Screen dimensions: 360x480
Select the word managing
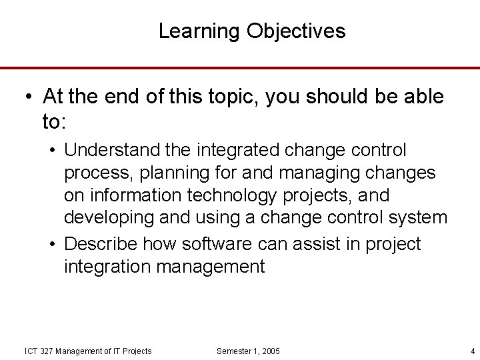pos(317,173)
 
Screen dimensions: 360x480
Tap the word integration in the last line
pos(107,267)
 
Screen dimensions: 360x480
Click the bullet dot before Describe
pos(53,245)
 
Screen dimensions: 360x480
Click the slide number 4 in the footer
pos(472,351)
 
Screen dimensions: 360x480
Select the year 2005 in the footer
pos(270,351)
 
